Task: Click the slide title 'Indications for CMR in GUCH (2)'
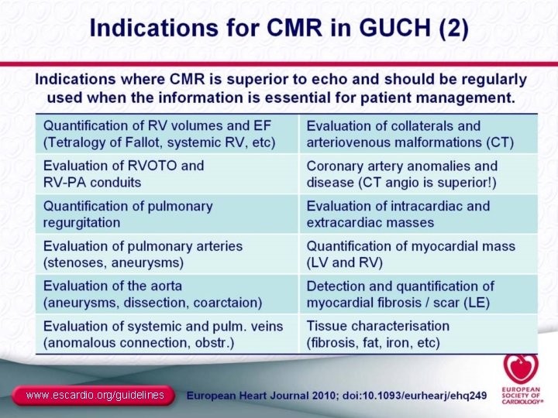279,29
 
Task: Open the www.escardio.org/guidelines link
95,396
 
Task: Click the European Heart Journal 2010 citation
337,396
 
